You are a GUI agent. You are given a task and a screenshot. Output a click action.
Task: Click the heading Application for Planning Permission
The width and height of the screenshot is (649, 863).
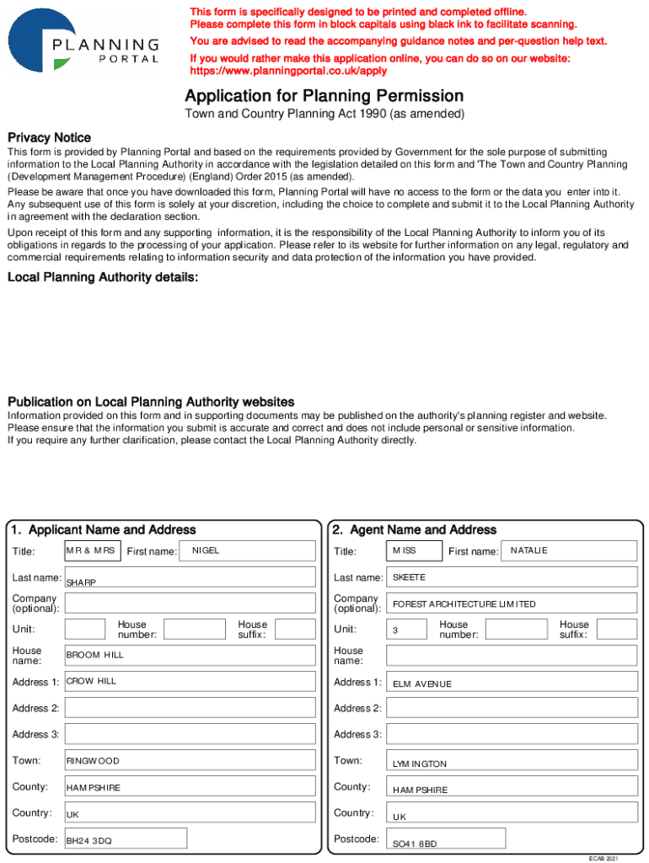coord(324,96)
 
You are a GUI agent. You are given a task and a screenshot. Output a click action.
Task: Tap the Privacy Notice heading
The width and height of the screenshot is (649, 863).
coord(49,137)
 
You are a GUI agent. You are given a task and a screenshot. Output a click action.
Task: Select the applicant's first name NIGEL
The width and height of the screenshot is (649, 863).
coord(206,550)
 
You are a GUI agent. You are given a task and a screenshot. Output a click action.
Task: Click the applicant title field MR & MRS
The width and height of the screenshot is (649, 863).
coord(91,550)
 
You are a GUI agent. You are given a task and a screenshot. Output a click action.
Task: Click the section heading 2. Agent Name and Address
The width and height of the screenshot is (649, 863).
coord(414,530)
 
